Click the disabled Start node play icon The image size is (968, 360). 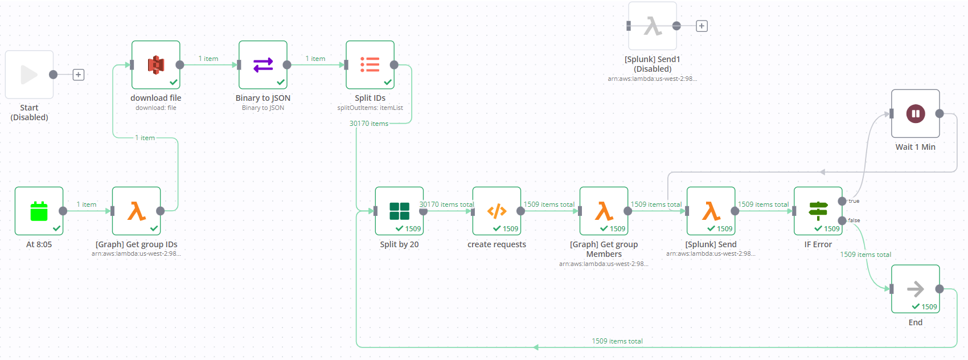coord(29,75)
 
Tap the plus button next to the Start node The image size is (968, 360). coord(79,75)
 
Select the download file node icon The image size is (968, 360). coord(155,65)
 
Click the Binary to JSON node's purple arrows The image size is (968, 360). coord(263,65)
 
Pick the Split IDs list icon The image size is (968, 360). coord(370,65)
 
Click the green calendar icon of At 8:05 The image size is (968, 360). coord(39,211)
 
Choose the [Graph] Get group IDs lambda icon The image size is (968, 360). coord(137,211)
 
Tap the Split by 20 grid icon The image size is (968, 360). coord(399,211)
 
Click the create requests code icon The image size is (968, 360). coord(497,211)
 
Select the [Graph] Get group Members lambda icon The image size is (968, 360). coord(604,211)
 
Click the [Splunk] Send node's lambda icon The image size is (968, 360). coord(711,211)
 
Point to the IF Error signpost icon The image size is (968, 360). coord(818,211)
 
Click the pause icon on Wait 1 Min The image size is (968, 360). coord(916,114)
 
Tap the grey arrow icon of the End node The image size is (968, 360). coord(916,289)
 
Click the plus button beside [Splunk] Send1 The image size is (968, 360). coord(702,26)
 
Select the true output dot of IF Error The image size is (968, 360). coord(842,201)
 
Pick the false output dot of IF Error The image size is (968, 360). coord(842,220)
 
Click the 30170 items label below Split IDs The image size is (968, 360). coord(368,124)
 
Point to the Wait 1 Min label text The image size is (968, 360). coord(915,147)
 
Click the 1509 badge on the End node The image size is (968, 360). coord(925,307)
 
